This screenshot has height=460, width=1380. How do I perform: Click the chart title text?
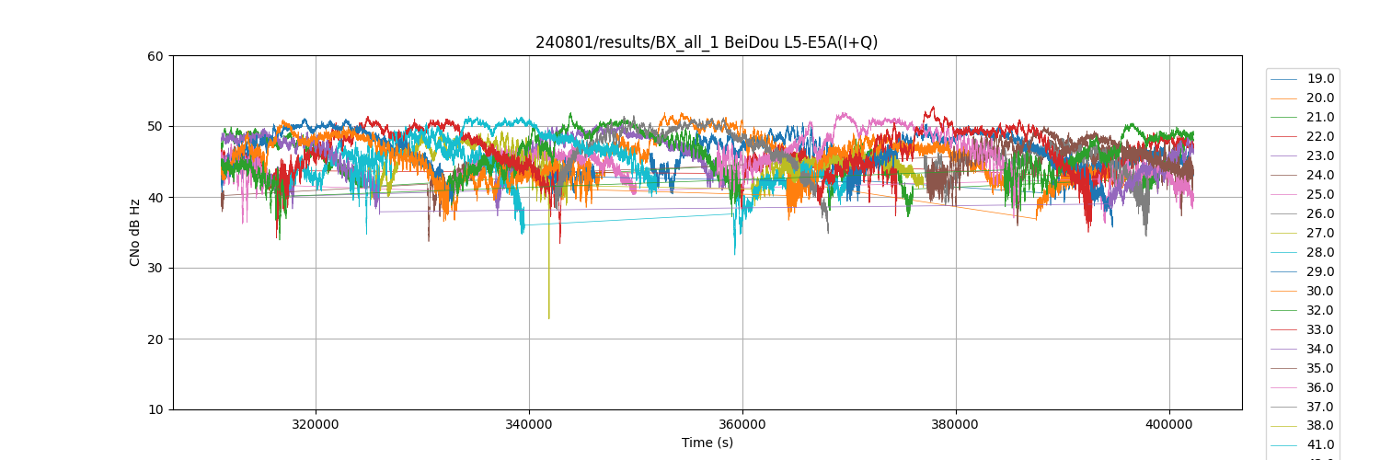(x=707, y=42)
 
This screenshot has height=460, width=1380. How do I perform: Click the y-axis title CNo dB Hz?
(x=135, y=233)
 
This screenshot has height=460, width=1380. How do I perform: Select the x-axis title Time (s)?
(x=707, y=443)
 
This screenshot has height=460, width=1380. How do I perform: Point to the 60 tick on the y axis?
(x=155, y=56)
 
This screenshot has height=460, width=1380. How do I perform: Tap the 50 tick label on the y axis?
(x=155, y=127)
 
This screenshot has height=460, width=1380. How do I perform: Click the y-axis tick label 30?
(x=155, y=269)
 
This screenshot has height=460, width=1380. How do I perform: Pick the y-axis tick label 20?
(x=155, y=339)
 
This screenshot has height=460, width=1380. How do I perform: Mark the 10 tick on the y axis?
(x=155, y=410)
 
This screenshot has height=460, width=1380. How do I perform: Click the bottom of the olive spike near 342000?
(x=549, y=318)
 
